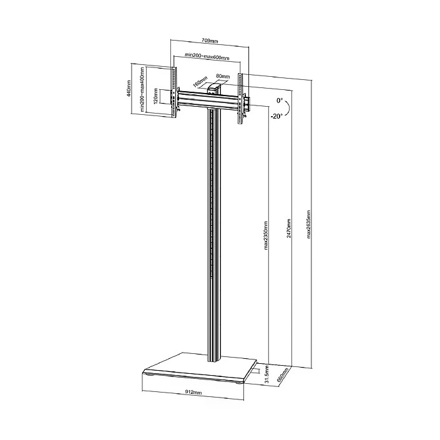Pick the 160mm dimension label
[198, 83]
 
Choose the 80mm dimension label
[221, 76]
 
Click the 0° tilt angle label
[279, 100]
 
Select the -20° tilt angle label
[276, 115]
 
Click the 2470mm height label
[289, 230]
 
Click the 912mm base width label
[193, 392]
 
